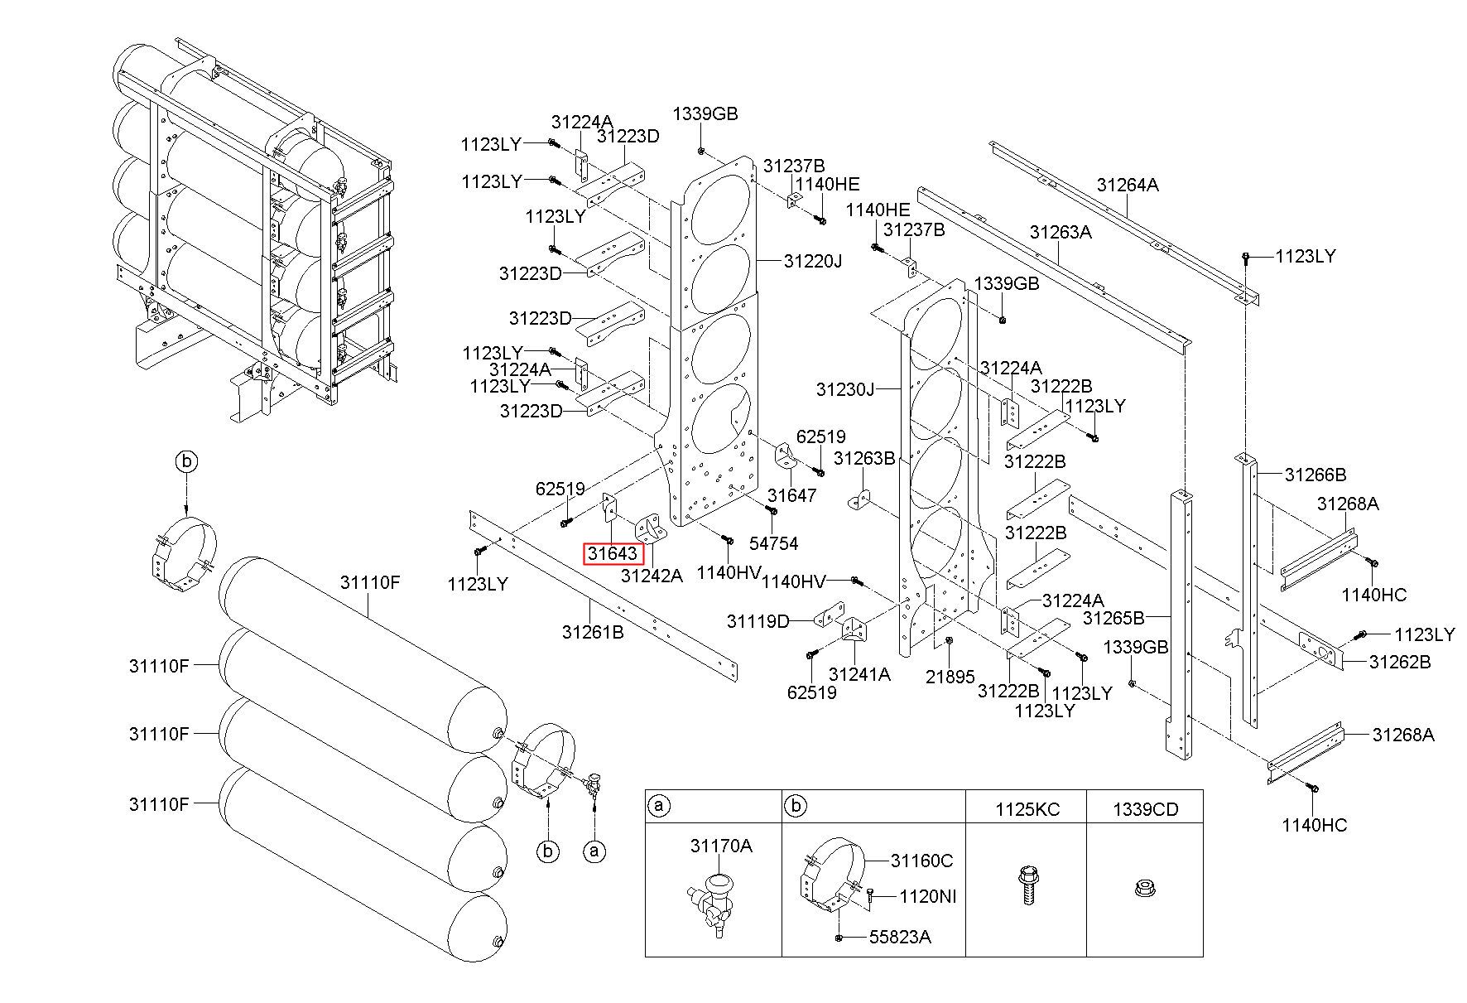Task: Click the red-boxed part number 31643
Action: coord(612,553)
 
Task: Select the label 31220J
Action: coord(812,262)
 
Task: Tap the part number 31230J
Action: coord(844,388)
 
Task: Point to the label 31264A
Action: coord(1128,185)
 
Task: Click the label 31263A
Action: coord(1061,232)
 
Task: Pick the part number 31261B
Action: coord(593,632)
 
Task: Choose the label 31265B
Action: coord(1113,618)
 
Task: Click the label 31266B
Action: coord(1315,475)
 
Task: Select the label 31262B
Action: coord(1400,662)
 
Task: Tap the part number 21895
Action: coord(950,677)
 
